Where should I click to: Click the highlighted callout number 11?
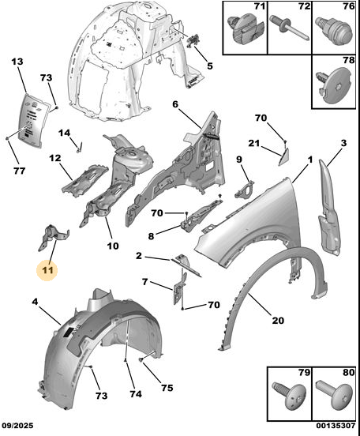point(47,270)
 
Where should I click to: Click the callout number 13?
point(17,62)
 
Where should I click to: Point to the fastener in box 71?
point(245,30)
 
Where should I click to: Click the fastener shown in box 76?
point(335,31)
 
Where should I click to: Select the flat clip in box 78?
point(334,85)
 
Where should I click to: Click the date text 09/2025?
point(17,426)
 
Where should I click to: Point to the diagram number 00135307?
point(336,426)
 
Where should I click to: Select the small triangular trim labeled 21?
point(284,157)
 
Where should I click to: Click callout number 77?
point(20,171)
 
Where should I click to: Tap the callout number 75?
point(167,388)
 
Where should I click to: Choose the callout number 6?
point(175,104)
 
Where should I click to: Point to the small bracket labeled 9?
point(245,189)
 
